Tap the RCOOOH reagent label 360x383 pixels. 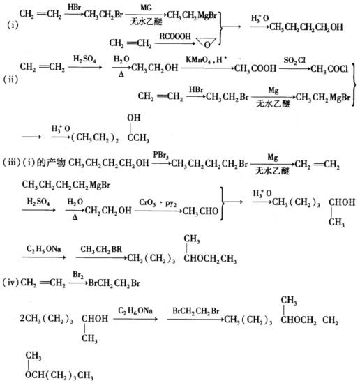[175, 36]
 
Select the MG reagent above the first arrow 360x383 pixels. [146, 8]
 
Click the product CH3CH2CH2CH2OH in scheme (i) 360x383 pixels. [306, 27]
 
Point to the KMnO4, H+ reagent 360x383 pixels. [207, 59]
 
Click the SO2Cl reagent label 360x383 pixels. [294, 60]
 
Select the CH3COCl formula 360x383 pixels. [329, 69]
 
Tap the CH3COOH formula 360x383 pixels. [255, 68]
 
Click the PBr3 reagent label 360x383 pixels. [160, 155]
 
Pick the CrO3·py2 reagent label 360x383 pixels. [158, 202]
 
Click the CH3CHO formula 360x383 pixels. [200, 211]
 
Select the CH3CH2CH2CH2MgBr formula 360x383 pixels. [66, 185]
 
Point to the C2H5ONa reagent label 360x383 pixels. [44, 249]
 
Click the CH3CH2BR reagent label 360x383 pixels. [101, 249]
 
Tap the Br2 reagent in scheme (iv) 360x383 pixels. [78, 275]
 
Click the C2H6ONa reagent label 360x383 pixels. [135, 310]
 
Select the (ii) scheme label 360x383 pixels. [10, 80]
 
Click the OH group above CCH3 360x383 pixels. [133, 118]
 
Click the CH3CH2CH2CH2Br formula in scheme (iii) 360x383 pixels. [209, 163]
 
